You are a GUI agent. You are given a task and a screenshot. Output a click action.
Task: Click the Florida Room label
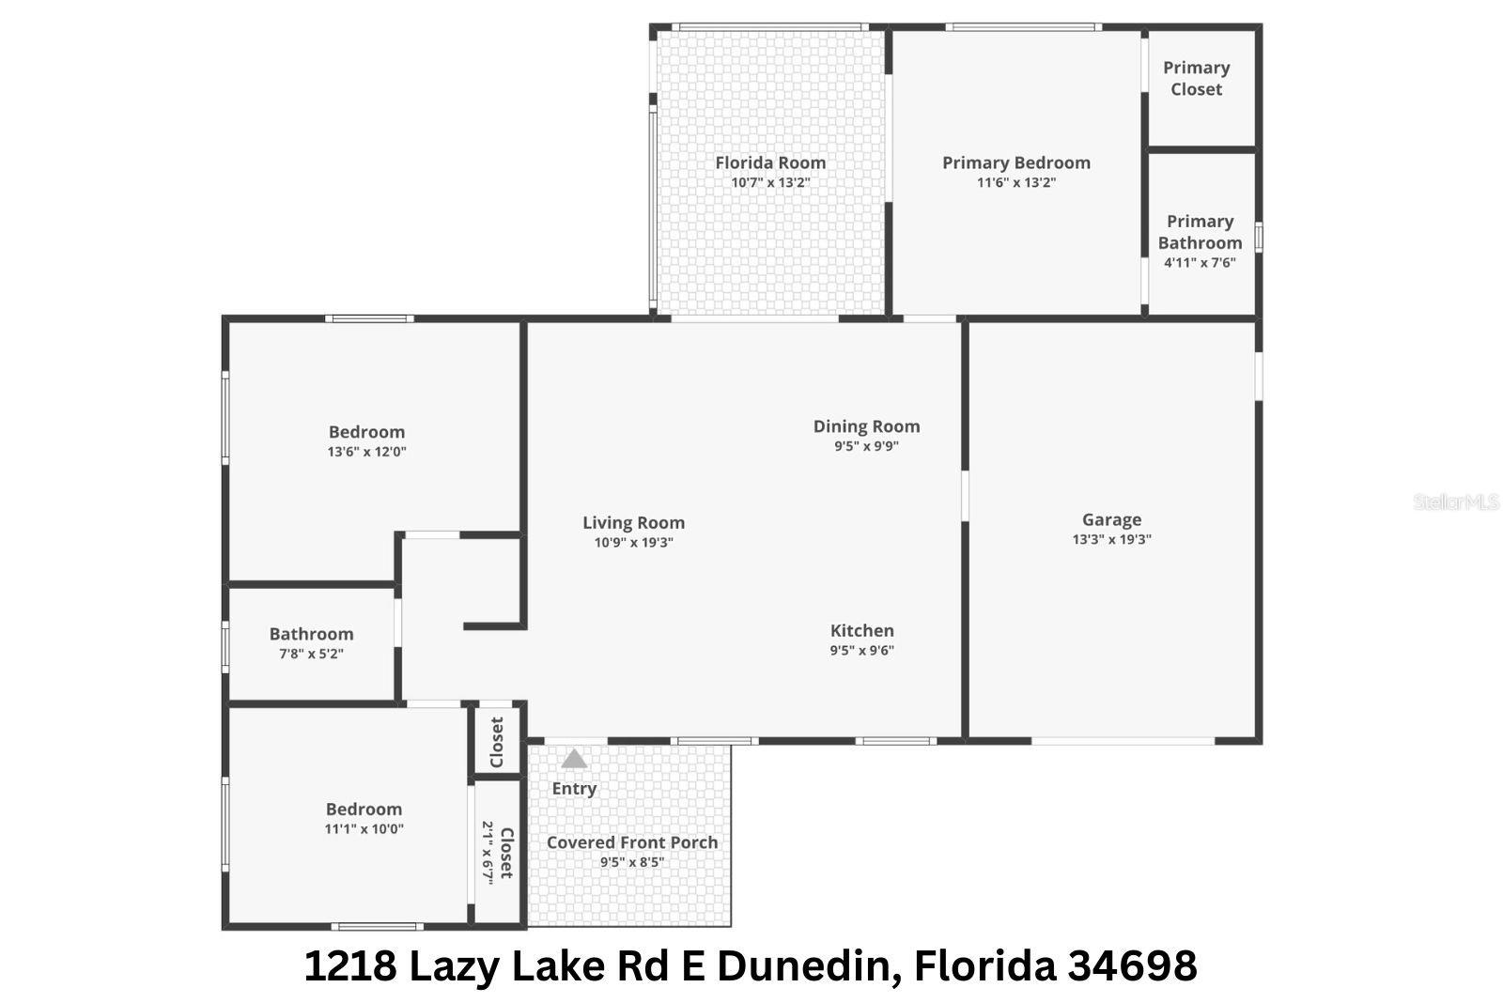point(770,162)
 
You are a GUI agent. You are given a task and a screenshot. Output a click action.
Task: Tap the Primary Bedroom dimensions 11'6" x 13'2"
point(1016,183)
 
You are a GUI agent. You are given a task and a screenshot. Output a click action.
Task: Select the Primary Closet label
point(1196,79)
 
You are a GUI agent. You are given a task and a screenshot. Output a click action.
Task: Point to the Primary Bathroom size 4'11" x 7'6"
point(1200,263)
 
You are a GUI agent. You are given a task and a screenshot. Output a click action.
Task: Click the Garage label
point(1111,519)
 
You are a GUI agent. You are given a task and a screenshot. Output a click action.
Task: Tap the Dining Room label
point(866,426)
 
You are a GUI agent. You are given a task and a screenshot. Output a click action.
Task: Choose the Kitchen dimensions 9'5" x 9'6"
point(861,650)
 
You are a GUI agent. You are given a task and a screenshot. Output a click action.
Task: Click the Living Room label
point(633,523)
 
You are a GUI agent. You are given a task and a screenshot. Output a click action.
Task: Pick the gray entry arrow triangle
point(574,759)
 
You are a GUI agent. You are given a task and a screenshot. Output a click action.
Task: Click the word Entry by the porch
point(574,789)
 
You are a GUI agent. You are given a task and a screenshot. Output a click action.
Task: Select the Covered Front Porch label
point(632,842)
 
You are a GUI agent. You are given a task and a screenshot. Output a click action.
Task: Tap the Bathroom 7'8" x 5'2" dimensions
point(311,654)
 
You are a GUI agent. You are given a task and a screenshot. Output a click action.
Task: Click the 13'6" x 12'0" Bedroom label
point(366,432)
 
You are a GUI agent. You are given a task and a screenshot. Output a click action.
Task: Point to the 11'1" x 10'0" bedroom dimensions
point(364,829)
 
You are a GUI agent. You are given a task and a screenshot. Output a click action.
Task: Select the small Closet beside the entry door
point(497,742)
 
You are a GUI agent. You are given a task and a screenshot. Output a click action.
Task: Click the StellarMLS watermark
point(1455,502)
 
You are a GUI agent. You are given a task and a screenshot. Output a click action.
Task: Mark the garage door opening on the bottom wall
point(1123,741)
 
